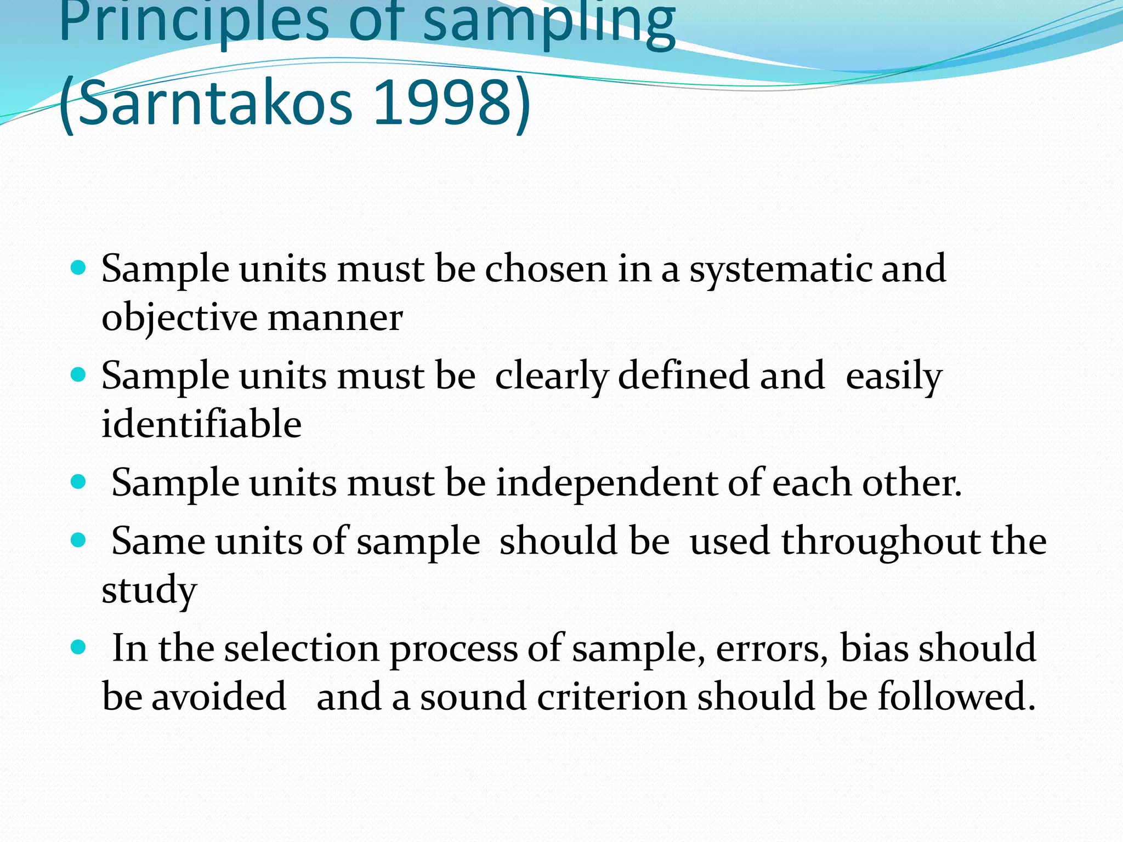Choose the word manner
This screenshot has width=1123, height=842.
pos(335,318)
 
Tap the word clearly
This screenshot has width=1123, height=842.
pos(551,377)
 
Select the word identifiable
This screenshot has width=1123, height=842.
pos(201,424)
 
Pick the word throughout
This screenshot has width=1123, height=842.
pos(880,542)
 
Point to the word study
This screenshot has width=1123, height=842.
pos(149,591)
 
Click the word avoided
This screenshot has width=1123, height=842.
pos(218,697)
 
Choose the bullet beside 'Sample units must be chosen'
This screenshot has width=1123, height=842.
pos(79,268)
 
